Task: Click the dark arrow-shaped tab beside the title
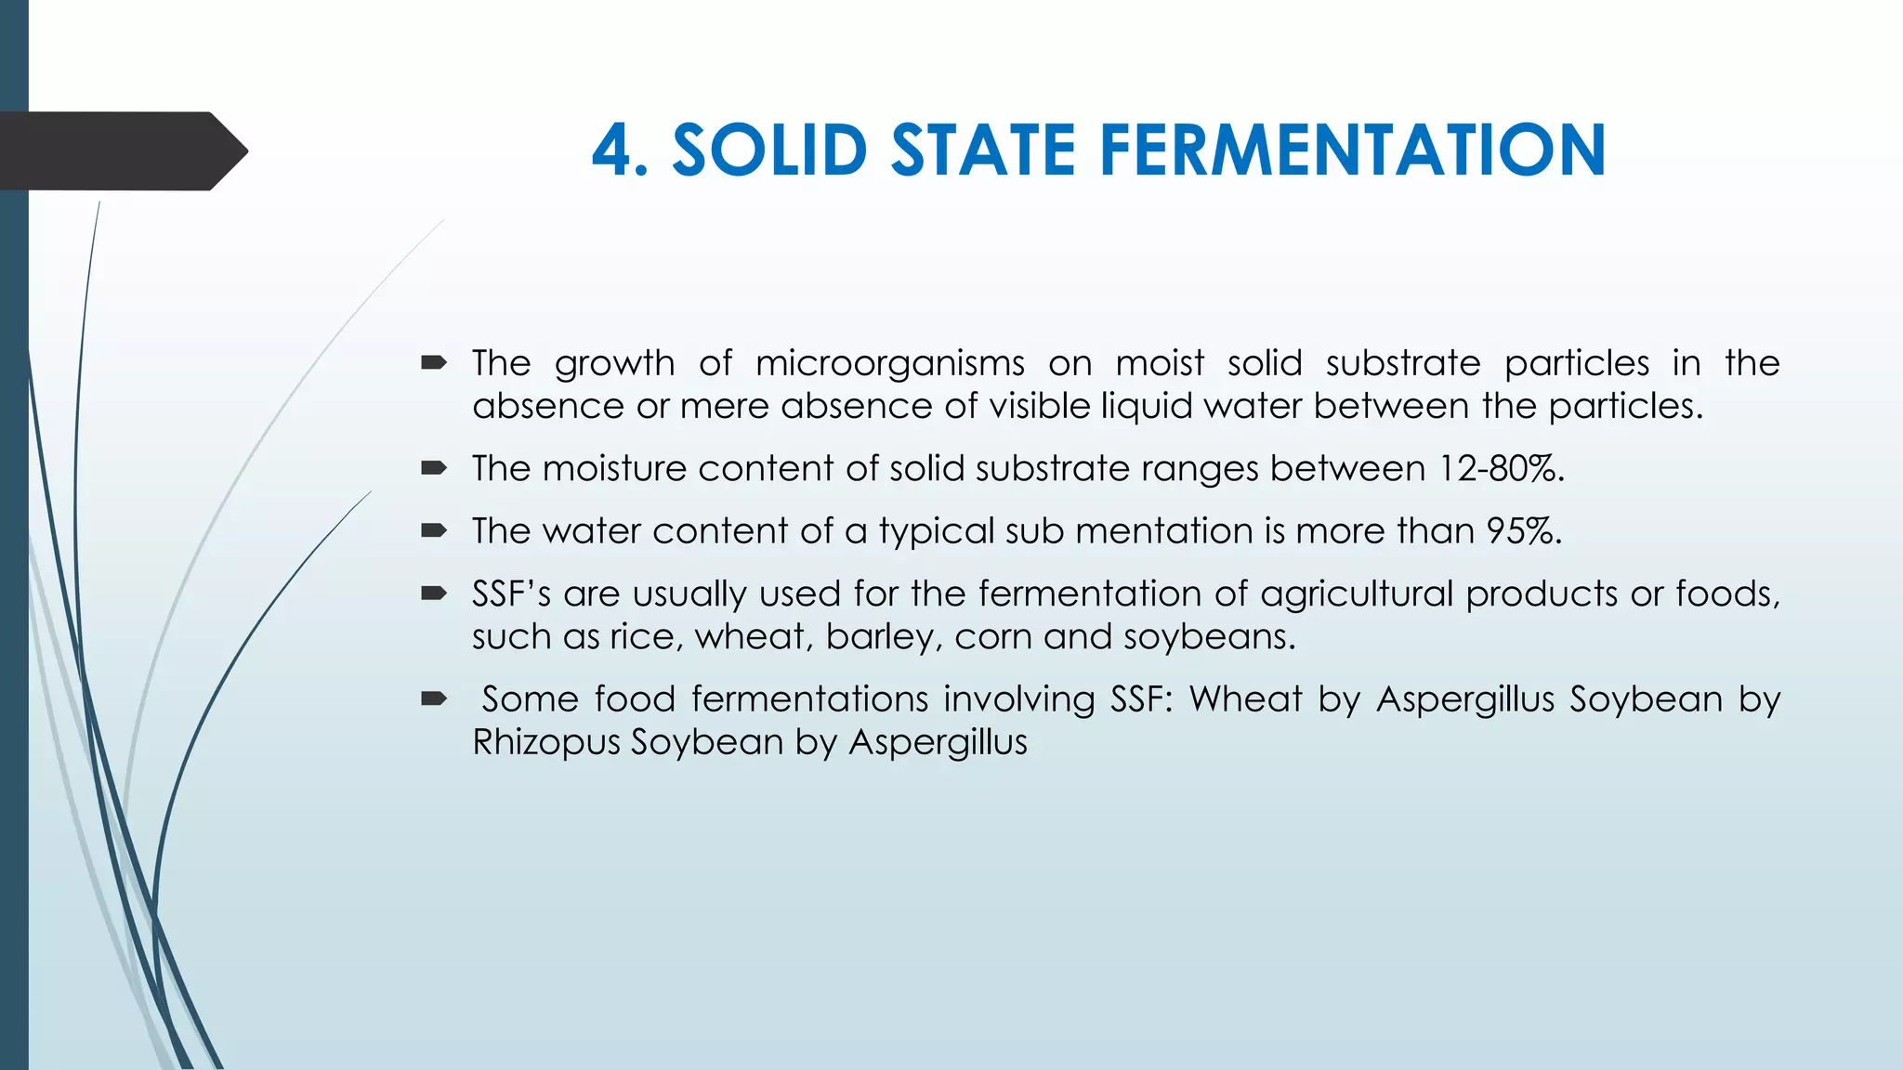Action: [121, 150]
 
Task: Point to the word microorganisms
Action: [889, 363]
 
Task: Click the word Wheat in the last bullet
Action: [1245, 698]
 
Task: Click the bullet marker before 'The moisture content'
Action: [433, 468]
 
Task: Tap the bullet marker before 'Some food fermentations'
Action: [433, 698]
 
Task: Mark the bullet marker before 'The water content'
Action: [433, 530]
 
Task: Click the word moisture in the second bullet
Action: [613, 468]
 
